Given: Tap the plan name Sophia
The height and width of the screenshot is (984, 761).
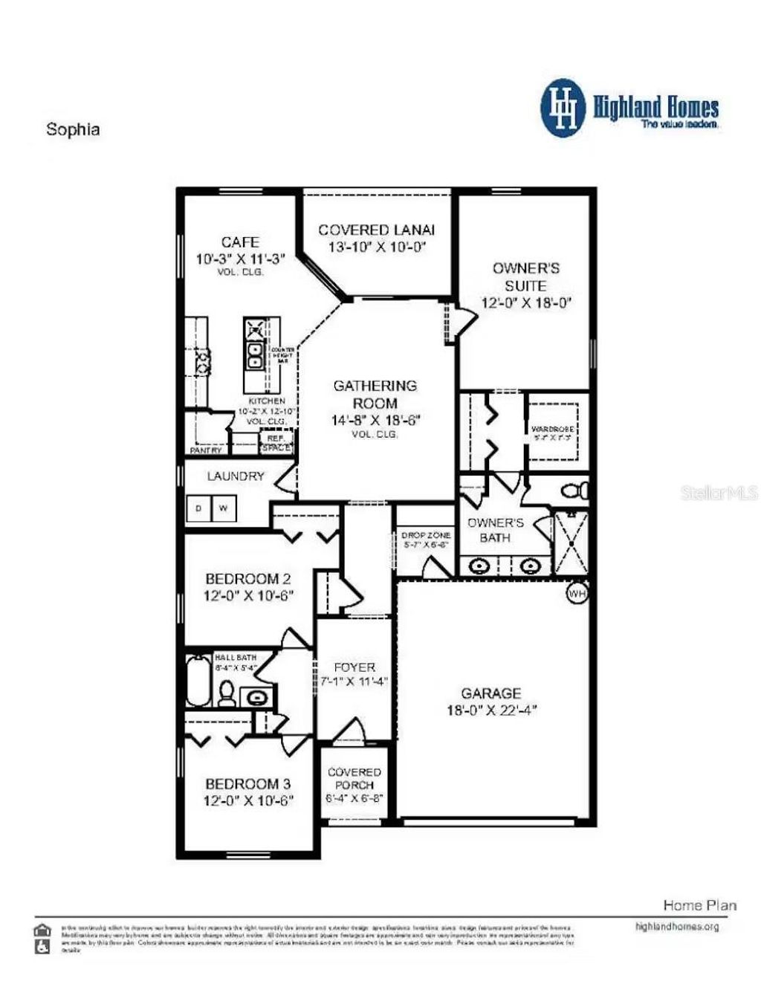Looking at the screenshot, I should tap(73, 129).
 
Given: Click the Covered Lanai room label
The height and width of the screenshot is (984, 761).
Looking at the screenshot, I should tap(376, 230).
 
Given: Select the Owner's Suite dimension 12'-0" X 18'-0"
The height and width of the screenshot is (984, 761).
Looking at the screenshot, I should tap(526, 303).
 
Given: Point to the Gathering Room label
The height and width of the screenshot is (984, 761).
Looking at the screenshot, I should tap(375, 394).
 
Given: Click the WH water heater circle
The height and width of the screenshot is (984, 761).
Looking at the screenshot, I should tap(577, 594).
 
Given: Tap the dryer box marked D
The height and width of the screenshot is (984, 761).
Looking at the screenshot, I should tap(198, 509).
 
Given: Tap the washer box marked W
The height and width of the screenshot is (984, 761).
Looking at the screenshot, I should tap(224, 509).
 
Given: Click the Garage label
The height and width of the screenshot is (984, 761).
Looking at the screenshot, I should tap(491, 693).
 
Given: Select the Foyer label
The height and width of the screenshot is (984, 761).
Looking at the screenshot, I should tap(354, 667).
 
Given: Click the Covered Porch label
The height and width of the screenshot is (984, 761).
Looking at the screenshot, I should tap(354, 778).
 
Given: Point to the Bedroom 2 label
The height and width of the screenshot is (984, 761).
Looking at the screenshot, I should tap(248, 578).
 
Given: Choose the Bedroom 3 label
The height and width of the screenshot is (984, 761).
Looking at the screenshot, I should tap(248, 783).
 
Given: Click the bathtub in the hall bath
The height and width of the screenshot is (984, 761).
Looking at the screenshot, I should tap(198, 681).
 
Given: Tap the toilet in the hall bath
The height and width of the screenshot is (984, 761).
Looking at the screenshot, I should tap(227, 694).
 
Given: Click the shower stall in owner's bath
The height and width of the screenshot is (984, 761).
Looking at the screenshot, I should tap(571, 543).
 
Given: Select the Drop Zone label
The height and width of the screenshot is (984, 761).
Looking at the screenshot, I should tap(426, 535).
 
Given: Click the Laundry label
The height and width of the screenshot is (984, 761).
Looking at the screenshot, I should tap(236, 476).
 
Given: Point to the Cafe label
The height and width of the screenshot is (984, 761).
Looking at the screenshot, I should tap(240, 242).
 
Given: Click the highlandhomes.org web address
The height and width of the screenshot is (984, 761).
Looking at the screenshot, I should tap(677, 927).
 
